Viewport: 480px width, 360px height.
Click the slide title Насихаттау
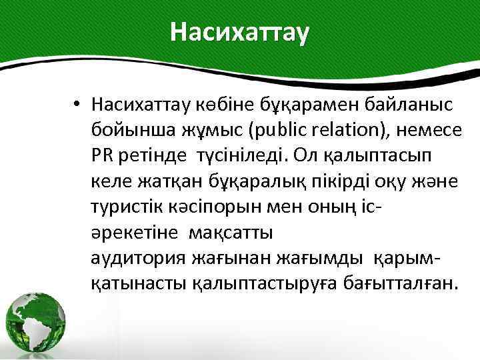click(x=240, y=32)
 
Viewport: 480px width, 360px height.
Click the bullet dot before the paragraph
click(x=77, y=104)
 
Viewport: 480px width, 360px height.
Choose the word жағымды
click(x=327, y=259)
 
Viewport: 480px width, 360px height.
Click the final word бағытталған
click(x=401, y=285)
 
